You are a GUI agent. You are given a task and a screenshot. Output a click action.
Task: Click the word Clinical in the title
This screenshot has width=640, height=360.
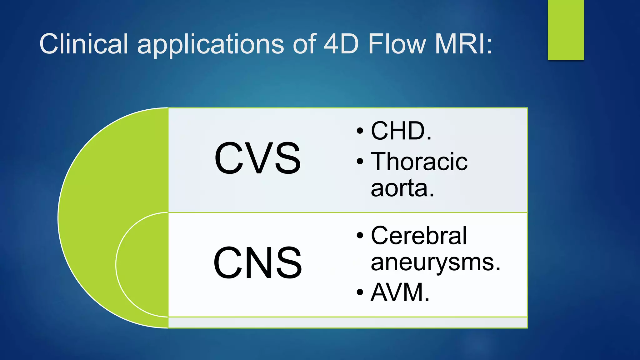(x=83, y=44)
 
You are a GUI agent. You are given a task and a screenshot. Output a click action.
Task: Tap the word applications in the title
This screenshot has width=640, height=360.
(x=210, y=44)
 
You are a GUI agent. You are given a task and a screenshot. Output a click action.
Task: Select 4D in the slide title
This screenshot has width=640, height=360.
(x=341, y=44)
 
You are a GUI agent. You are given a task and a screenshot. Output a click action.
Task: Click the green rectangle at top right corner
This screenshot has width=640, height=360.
(x=566, y=30)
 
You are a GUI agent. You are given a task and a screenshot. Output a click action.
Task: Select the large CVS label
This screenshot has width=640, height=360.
(x=257, y=158)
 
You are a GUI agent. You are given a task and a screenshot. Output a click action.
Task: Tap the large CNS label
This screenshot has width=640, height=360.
(x=257, y=263)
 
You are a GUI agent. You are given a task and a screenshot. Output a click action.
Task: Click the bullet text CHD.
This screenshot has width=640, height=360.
(x=401, y=131)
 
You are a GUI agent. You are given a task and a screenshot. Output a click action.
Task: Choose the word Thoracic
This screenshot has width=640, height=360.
(x=419, y=162)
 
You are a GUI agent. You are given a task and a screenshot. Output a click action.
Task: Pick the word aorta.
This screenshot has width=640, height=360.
(x=402, y=188)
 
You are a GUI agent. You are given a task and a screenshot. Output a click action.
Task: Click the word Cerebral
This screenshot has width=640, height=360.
(x=418, y=236)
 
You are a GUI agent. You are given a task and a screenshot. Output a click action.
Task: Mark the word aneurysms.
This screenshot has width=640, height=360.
(x=435, y=262)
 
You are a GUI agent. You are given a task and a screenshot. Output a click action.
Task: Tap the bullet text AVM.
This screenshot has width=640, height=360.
(x=400, y=292)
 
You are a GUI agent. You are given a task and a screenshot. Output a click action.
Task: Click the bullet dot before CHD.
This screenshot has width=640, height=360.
(x=360, y=131)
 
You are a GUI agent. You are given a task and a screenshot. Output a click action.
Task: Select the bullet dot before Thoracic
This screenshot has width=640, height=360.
(x=360, y=162)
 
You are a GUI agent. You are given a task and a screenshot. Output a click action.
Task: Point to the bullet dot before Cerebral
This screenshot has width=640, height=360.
(x=360, y=236)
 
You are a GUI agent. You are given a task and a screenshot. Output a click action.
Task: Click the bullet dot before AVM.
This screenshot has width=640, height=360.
(x=360, y=292)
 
